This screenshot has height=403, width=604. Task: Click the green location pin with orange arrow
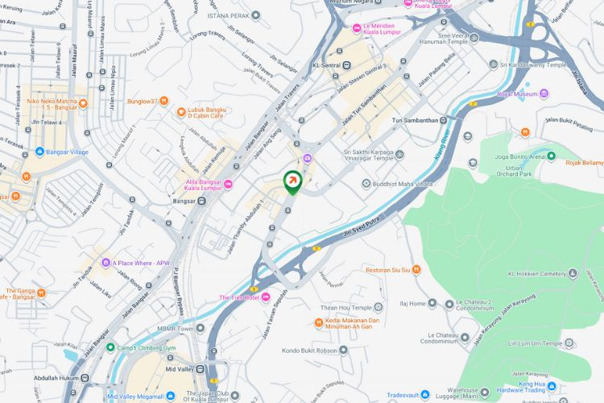[x=292, y=182]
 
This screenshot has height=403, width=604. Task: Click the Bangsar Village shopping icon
[x=39, y=151]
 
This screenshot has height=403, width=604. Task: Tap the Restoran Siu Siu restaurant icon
[x=416, y=270]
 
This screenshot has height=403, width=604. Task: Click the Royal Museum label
[x=516, y=93]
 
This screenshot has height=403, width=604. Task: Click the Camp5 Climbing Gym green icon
[x=110, y=347]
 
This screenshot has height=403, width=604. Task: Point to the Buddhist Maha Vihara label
[x=400, y=183]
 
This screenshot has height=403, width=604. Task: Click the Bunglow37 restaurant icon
[x=163, y=102]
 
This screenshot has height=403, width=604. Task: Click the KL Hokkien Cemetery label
[x=537, y=274]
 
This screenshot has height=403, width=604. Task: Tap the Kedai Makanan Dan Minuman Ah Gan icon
[x=319, y=323]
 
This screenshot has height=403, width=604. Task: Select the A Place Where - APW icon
[x=105, y=263]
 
